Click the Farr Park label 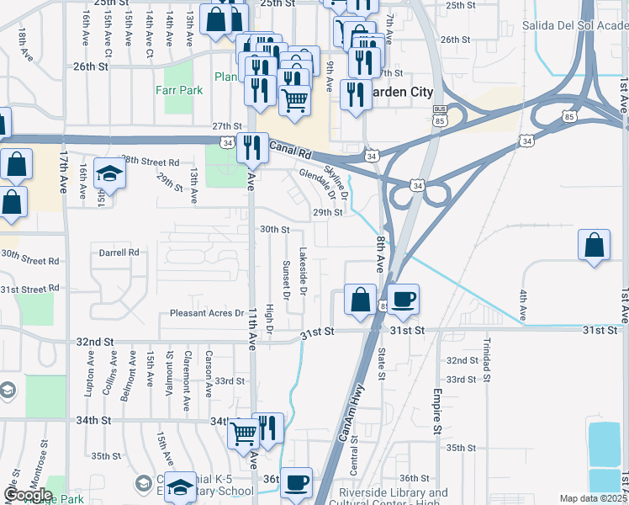click(177, 89)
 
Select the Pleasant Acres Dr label click(206, 313)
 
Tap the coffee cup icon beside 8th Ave click(403, 299)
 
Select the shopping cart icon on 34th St click(244, 433)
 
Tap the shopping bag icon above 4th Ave click(594, 246)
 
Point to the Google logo click(28, 494)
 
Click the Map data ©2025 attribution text click(593, 498)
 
